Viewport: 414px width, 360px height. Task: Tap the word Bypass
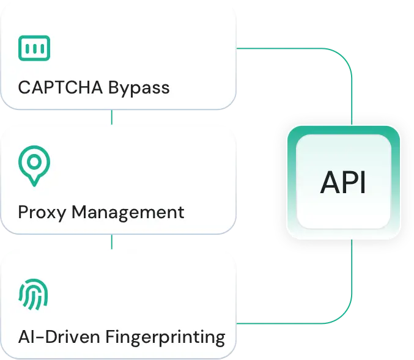139,88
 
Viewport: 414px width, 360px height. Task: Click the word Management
127,212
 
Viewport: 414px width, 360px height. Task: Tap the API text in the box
343,183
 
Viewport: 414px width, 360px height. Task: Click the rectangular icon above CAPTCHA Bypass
34,46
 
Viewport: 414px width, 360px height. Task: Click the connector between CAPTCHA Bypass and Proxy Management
111,117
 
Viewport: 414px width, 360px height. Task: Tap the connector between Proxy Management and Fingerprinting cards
111,241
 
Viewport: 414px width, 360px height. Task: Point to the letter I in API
364,183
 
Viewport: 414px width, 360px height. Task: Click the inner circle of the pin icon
34,161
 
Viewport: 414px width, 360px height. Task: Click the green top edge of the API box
343,128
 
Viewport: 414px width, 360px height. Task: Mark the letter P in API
347,183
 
